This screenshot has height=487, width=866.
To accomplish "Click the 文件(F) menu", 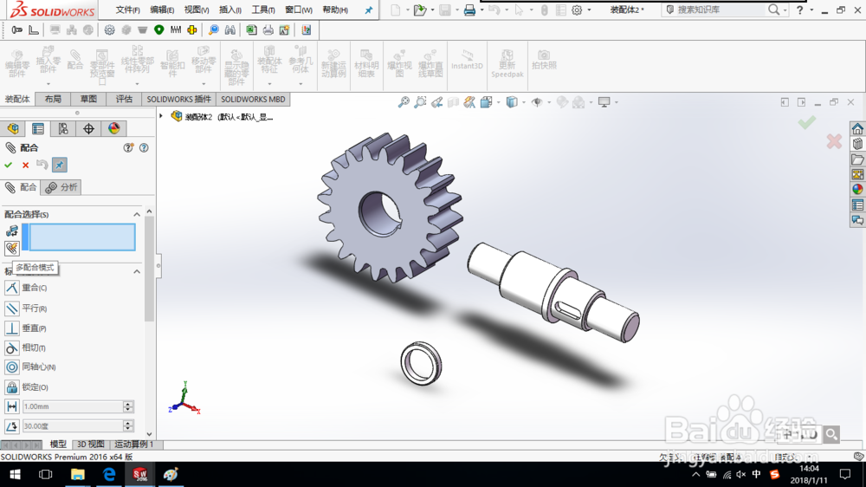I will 127,10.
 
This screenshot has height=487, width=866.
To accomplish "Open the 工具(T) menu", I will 262,10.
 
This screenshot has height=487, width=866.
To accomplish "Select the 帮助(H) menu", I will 334,10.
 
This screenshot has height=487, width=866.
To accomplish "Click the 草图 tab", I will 88,99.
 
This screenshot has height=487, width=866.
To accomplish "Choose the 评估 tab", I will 124,99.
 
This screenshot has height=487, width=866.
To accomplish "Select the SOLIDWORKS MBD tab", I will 253,99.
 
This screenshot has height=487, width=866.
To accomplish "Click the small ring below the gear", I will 421,362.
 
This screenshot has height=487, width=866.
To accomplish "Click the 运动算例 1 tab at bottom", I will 134,445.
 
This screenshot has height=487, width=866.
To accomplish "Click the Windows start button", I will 14,475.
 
